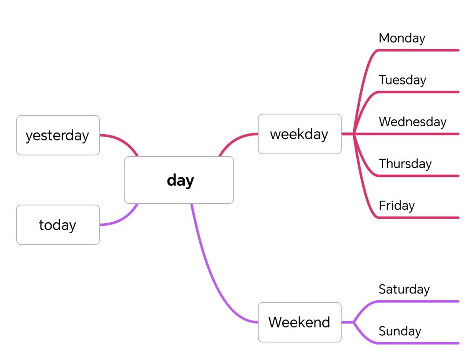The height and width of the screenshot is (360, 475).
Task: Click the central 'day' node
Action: pyautogui.click(x=179, y=180)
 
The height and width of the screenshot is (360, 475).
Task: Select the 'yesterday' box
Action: pyautogui.click(x=58, y=135)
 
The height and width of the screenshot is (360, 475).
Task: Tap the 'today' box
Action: pyautogui.click(x=58, y=225)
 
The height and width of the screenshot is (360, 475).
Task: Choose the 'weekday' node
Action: pyautogui.click(x=300, y=134)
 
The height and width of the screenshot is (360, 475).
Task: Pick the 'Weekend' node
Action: pyautogui.click(x=300, y=322)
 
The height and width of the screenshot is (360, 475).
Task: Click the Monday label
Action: pyautogui.click(x=402, y=38)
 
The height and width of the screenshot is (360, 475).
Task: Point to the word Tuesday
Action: pyautogui.click(x=402, y=80)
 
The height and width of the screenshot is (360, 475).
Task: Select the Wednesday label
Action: pyautogui.click(x=413, y=122)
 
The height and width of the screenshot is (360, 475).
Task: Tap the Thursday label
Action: pyautogui.click(x=405, y=164)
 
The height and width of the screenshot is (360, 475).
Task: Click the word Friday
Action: pyautogui.click(x=397, y=206)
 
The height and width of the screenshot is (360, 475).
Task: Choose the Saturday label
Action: pyautogui.click(x=404, y=290)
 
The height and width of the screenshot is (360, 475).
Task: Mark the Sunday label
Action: pyautogui.click(x=400, y=331)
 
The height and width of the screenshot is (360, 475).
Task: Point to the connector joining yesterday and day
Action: pyautogui.click(x=122, y=140)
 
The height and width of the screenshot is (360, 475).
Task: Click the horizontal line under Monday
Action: pyautogui.click(x=418, y=50)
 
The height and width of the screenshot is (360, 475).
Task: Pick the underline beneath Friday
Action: pyautogui.click(x=418, y=217)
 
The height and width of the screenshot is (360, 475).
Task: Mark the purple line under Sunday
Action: pyautogui.click(x=418, y=343)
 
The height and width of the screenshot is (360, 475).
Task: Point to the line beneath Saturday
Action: pyautogui.click(x=418, y=301)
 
